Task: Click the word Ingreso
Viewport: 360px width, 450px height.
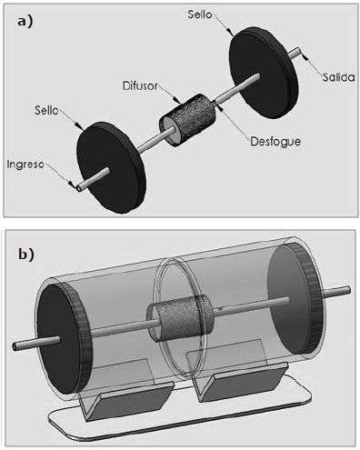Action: click(25, 165)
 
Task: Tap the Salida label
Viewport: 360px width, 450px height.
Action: click(338, 77)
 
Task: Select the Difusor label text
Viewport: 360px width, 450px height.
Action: click(140, 85)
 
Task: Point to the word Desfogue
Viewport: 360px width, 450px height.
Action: click(275, 142)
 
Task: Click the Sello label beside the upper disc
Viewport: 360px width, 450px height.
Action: click(200, 15)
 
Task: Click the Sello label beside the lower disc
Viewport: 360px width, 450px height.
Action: click(46, 110)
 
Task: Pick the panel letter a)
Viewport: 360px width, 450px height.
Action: click(25, 22)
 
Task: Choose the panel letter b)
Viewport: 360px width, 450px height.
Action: click(26, 254)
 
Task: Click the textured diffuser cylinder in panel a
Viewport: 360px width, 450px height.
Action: click(188, 120)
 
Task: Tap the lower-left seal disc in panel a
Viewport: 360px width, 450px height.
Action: click(111, 167)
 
